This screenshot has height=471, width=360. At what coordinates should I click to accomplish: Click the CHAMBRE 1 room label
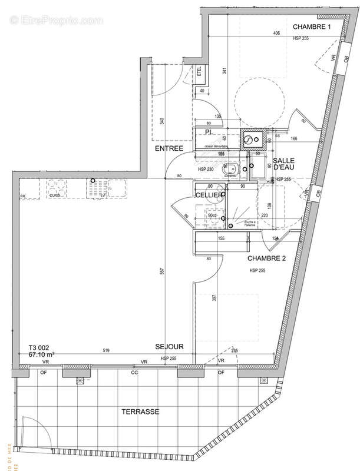tap(312, 27)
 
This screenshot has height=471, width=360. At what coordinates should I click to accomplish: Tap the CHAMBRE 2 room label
tap(267, 258)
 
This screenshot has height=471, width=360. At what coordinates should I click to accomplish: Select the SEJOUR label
tap(170, 347)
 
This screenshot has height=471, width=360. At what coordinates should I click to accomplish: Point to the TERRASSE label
tap(140, 412)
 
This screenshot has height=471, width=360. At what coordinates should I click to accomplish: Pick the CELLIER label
tap(209, 195)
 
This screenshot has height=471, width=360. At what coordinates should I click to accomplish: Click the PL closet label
tap(209, 132)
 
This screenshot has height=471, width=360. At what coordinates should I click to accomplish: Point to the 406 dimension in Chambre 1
tap(276, 34)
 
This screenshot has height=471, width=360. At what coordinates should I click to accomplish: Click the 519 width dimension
tap(105, 351)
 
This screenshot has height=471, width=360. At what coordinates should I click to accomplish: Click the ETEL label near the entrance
tap(199, 72)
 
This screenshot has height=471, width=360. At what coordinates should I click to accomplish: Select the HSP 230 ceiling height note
tap(206, 170)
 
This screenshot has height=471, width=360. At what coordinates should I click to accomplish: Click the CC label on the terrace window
tap(134, 372)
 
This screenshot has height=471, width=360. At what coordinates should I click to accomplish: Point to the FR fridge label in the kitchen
tap(23, 197)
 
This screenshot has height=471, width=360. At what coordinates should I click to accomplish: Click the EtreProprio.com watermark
tap(57, 21)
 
